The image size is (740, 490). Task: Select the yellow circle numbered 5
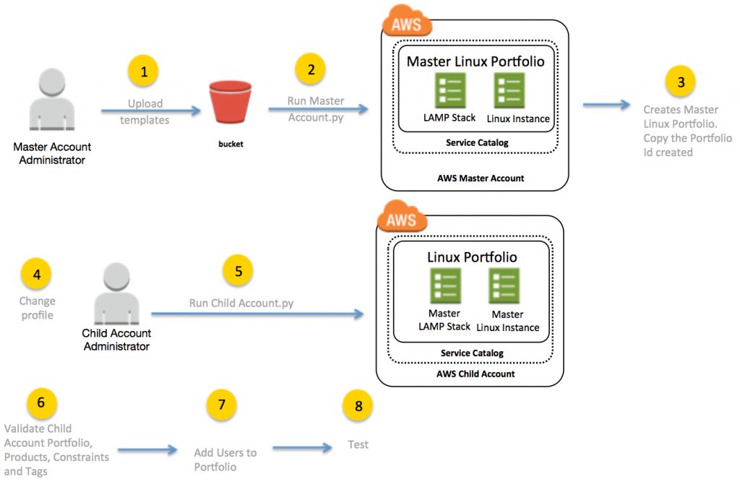pyautogui.click(x=238, y=272)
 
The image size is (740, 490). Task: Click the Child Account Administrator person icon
pyautogui.click(x=116, y=294)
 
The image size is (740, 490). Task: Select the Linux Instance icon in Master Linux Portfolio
pyautogui.click(x=509, y=90)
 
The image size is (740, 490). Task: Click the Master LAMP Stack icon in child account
pyautogui.click(x=444, y=285)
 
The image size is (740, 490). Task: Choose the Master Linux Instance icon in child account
pyautogui.click(x=504, y=285)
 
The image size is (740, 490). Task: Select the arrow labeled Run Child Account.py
pyautogui.click(x=256, y=314)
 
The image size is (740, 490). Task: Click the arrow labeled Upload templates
pyautogui.click(x=150, y=111)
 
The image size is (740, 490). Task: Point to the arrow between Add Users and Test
pyautogui.click(x=302, y=449)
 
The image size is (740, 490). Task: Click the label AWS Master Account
pyautogui.click(x=476, y=178)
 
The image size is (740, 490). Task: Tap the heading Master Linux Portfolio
pyautogui.click(x=476, y=61)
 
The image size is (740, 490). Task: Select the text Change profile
pyautogui.click(x=37, y=308)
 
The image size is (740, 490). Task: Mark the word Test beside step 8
pyautogui.click(x=358, y=444)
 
